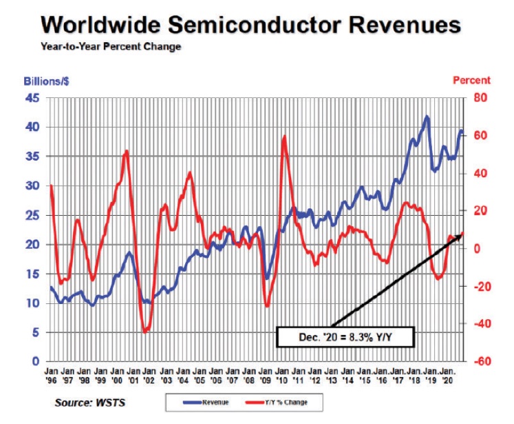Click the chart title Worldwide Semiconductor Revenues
click(x=250, y=26)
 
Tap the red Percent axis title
click(x=471, y=81)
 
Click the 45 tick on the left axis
click(x=32, y=98)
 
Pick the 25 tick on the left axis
click(x=32, y=215)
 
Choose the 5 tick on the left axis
click(x=35, y=332)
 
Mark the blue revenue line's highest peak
click(x=427, y=117)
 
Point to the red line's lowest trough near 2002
click(x=145, y=332)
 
